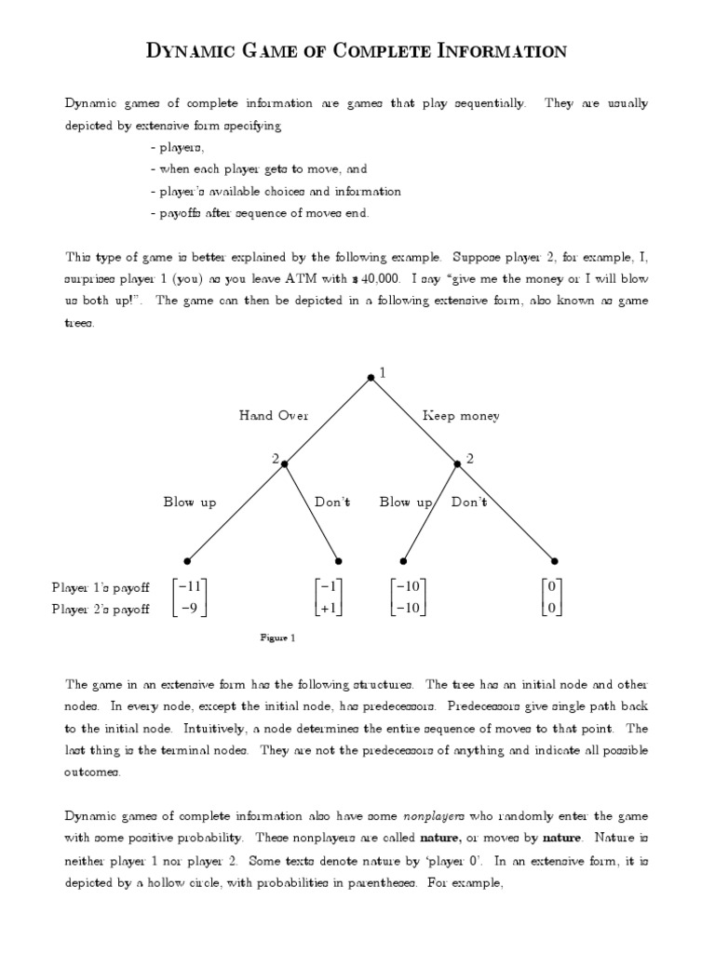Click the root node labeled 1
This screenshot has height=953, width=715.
click(371, 377)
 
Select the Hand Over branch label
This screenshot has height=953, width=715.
click(274, 416)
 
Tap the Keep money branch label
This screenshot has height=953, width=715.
click(461, 416)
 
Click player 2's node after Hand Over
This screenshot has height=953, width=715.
click(284, 463)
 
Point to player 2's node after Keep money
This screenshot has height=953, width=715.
click(457, 463)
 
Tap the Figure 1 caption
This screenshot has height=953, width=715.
click(277, 638)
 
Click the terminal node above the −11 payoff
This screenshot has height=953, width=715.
click(187, 561)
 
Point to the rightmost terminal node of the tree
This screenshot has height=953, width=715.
click(555, 561)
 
